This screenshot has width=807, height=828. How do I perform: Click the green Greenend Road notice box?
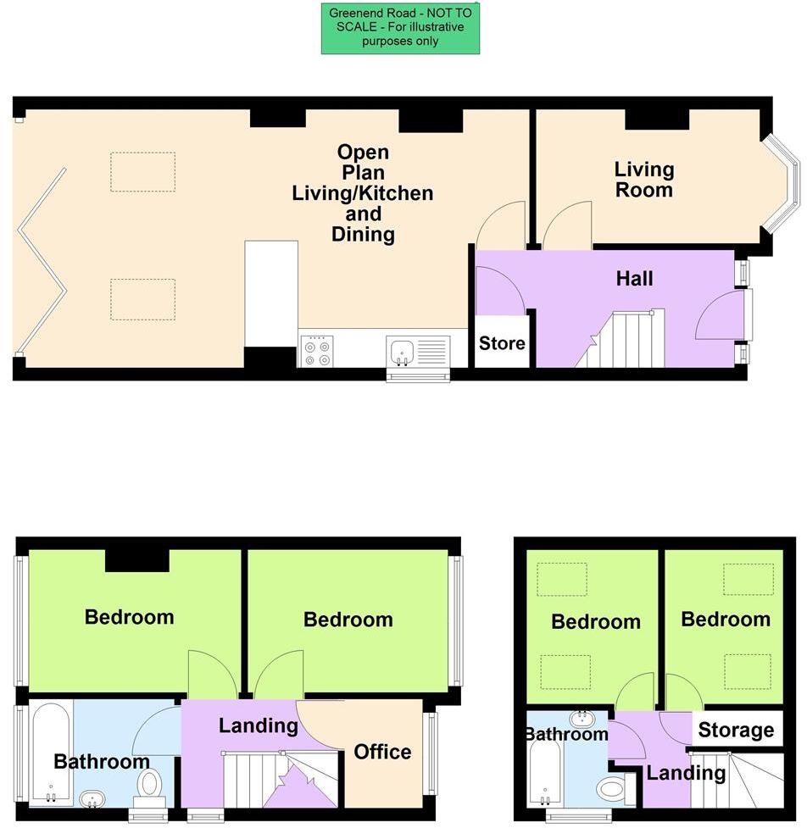(400, 28)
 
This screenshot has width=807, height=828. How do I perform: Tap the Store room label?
(502, 343)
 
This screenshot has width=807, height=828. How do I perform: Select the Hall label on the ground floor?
(634, 278)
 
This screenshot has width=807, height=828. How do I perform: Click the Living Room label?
(644, 180)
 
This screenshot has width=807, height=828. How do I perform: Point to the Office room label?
(382, 752)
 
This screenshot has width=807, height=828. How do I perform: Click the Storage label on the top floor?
(736, 731)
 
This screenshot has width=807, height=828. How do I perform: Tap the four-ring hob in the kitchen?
(316, 351)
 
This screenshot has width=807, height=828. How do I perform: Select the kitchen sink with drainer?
(418, 350)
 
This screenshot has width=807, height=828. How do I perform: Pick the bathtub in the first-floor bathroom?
(50, 752)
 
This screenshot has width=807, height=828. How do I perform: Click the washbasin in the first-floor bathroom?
(92, 798)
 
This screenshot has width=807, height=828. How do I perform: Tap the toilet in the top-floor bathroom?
(610, 790)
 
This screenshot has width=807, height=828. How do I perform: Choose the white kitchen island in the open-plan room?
(271, 293)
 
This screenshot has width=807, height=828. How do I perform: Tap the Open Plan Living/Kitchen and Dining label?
(363, 193)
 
